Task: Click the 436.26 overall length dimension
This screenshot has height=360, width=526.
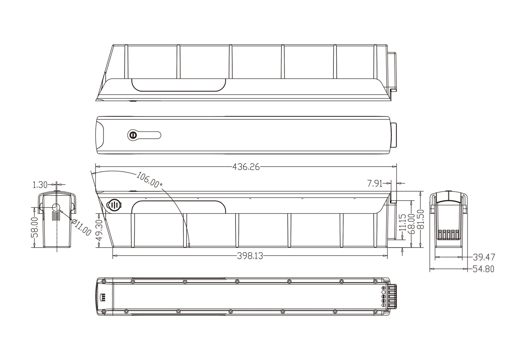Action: coord(246,167)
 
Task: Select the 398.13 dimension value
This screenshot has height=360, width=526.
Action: coord(250,256)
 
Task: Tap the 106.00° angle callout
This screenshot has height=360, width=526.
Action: coord(149,179)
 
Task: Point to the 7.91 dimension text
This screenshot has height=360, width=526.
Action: coord(375,183)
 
